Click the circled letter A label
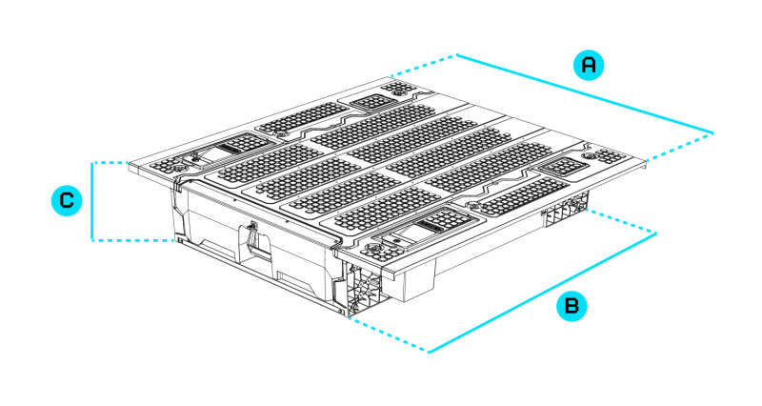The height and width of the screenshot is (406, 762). (590, 65)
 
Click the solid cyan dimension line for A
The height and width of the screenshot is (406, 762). (586, 92)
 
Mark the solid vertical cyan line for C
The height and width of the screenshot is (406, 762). (91, 201)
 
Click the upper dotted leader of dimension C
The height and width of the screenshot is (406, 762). (114, 162)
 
